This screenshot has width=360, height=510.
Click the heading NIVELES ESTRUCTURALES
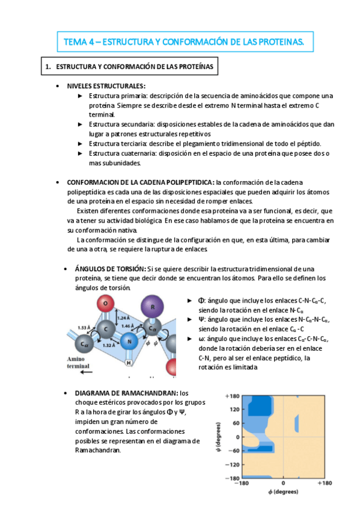click(x=105, y=86)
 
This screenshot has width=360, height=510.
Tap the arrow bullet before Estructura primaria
click(x=81, y=96)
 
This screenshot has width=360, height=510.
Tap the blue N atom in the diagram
click(x=127, y=342)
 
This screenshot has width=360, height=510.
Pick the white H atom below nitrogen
click(x=128, y=363)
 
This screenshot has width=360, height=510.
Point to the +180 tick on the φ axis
click(x=325, y=483)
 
